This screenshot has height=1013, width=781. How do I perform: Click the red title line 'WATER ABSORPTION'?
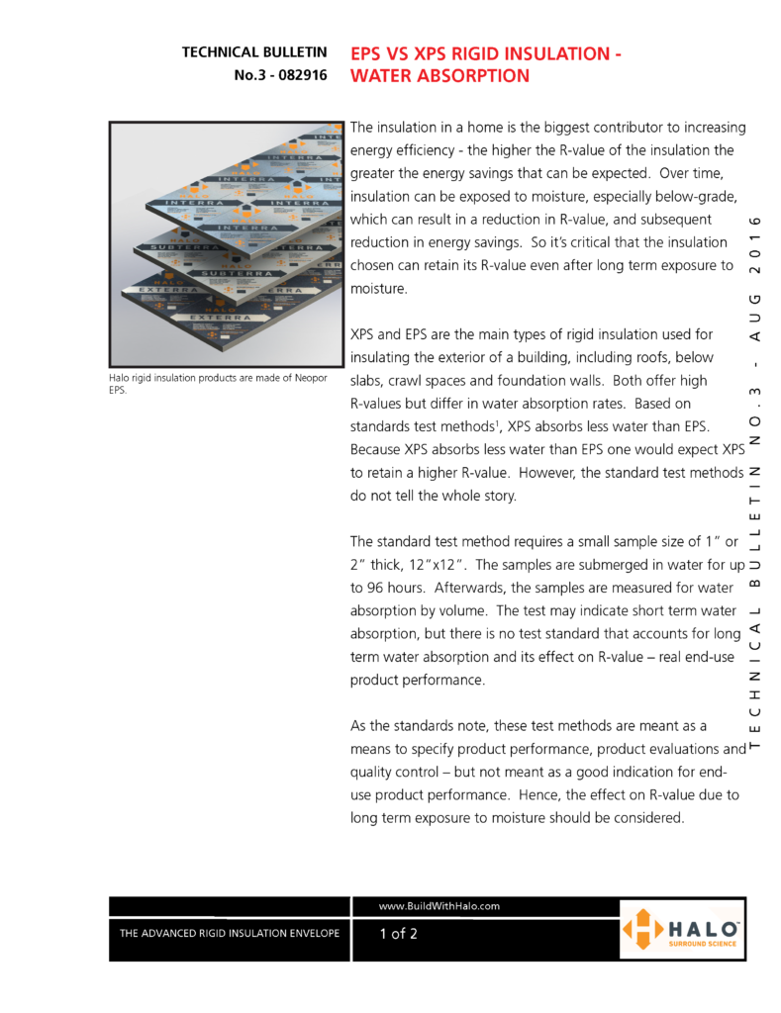(439, 75)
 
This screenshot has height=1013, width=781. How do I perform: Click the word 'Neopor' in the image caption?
(311, 377)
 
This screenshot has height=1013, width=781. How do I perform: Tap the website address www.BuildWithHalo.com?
(439, 906)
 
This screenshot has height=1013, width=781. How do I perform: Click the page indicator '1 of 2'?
(398, 933)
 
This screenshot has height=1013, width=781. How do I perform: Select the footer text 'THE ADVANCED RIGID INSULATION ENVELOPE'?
(229, 933)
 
